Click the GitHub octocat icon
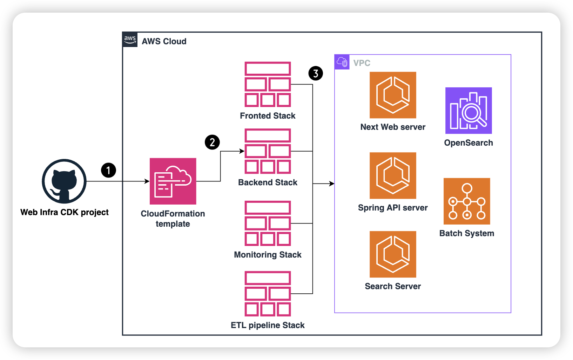click(x=64, y=181)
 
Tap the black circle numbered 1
click(x=108, y=170)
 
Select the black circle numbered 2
click(x=212, y=142)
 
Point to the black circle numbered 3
click(x=316, y=73)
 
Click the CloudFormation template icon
click(x=173, y=181)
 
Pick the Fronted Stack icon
click(x=268, y=84)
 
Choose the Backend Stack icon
click(x=268, y=151)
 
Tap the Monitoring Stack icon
click(x=268, y=223)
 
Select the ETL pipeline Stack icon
click(x=268, y=294)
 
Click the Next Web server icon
click(x=393, y=95)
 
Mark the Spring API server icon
click(x=393, y=175)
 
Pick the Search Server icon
click(x=393, y=254)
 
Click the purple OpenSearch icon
click(x=468, y=111)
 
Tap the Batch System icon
click(x=467, y=201)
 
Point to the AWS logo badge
click(x=130, y=40)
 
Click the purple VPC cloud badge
click(x=342, y=62)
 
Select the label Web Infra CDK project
click(x=65, y=212)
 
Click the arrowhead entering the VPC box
click(x=332, y=184)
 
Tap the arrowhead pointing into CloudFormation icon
click(x=147, y=181)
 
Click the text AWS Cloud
click(x=164, y=41)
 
